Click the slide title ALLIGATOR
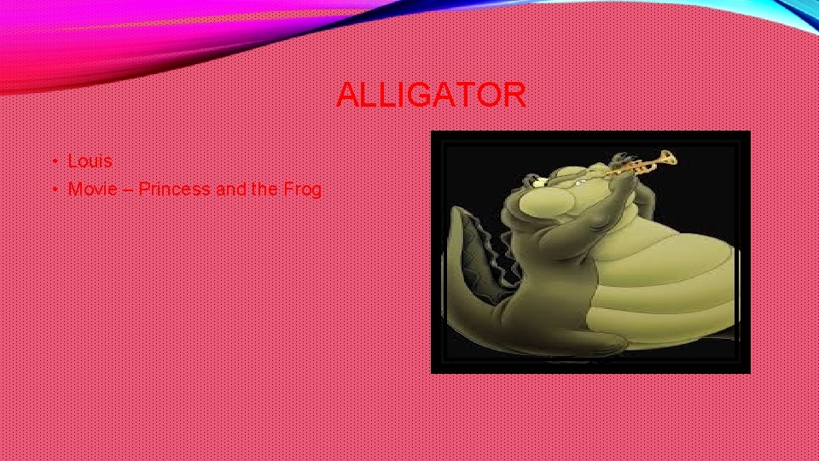point(431,95)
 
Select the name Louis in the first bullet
point(90,160)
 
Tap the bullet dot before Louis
point(53,161)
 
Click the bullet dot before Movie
point(53,190)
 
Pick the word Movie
point(93,189)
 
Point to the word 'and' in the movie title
point(230,189)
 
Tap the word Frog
point(302,189)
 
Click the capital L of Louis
point(73,160)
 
